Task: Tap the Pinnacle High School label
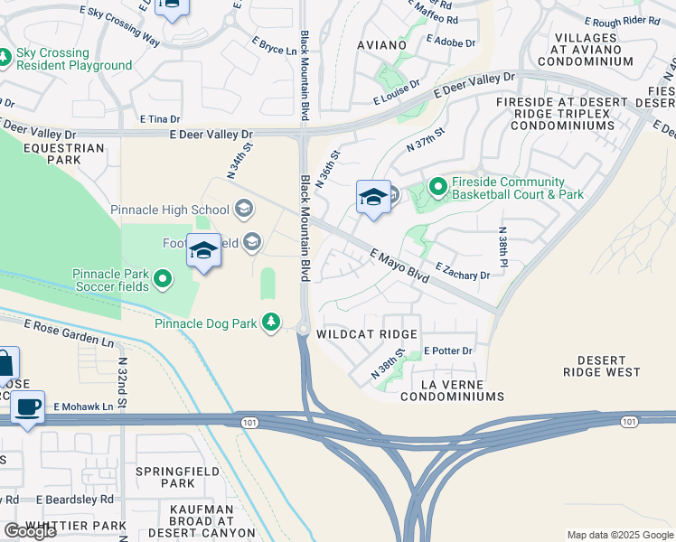[170, 210]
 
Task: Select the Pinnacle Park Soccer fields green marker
[163, 279]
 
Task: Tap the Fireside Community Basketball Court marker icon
[438, 187]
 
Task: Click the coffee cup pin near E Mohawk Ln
[29, 407]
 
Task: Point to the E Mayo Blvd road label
[399, 268]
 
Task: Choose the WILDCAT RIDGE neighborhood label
[366, 333]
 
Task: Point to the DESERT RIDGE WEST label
[602, 366]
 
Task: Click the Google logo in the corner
[29, 531]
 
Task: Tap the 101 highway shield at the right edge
[629, 421]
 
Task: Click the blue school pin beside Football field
[203, 250]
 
